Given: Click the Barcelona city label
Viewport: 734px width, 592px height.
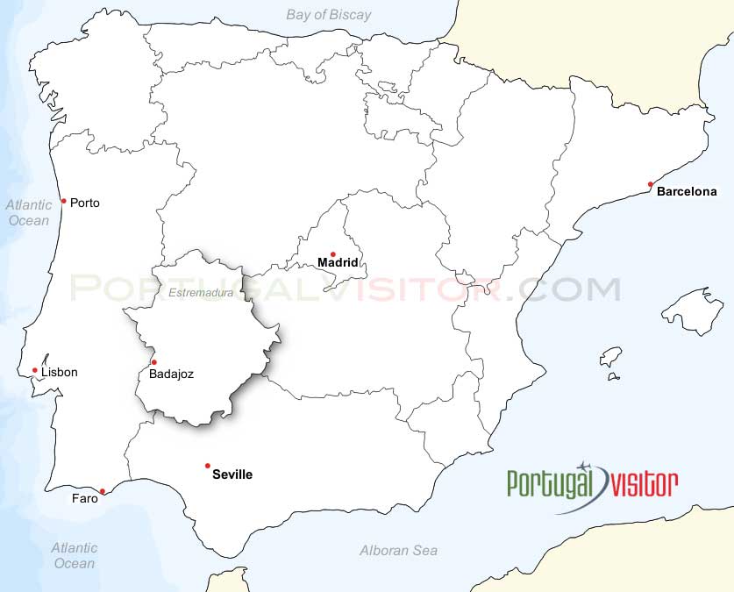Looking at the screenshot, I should pos(687,191).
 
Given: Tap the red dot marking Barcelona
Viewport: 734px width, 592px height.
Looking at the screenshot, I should pos(651,184).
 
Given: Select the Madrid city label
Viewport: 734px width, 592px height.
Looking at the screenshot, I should pos(338,262).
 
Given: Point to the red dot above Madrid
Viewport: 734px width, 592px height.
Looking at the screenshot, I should pos(333,253).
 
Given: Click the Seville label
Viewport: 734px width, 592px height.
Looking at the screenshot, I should pos(232,474).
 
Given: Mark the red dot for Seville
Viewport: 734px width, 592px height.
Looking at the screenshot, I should pos(208,466).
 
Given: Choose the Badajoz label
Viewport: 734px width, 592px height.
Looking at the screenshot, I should pos(172,374).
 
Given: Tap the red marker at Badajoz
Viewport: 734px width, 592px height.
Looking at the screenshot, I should pos(154,362).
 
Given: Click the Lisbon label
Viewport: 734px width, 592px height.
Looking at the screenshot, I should pos(59,372).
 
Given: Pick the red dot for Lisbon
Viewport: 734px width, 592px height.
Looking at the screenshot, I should pos(35,370).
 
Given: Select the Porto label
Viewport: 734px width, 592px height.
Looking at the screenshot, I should pos(85,203).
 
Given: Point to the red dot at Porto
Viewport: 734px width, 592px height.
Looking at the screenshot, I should pos(63,201).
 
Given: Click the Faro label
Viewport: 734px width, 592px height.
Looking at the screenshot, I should pos(85,499).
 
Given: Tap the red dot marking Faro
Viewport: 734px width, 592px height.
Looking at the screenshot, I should pos(103,491).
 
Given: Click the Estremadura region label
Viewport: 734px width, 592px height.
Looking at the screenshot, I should pos(202,293).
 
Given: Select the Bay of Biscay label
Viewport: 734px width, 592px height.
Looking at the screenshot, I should pos(329,14).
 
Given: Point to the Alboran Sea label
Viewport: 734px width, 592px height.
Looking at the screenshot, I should pos(398,551).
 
